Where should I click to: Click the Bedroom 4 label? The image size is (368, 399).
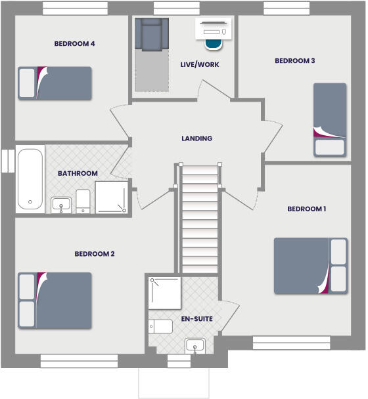(75, 44)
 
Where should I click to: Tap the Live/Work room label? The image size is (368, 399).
(200, 65)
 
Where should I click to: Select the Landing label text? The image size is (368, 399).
(197, 138)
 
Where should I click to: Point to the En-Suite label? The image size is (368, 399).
(196, 320)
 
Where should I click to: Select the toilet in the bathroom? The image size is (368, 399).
(83, 201)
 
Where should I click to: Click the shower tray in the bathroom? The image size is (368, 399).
(112, 198)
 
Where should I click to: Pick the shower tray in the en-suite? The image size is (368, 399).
(164, 292)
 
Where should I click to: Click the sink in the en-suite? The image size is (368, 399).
(196, 345)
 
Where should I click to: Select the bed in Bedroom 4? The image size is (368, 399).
(55, 83)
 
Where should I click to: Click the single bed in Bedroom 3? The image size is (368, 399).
(329, 119)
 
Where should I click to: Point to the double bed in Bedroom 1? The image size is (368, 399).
(310, 265)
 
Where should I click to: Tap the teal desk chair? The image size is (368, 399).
(214, 42)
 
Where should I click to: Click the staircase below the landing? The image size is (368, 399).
(199, 220)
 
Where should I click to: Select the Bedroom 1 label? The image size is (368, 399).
(307, 209)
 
